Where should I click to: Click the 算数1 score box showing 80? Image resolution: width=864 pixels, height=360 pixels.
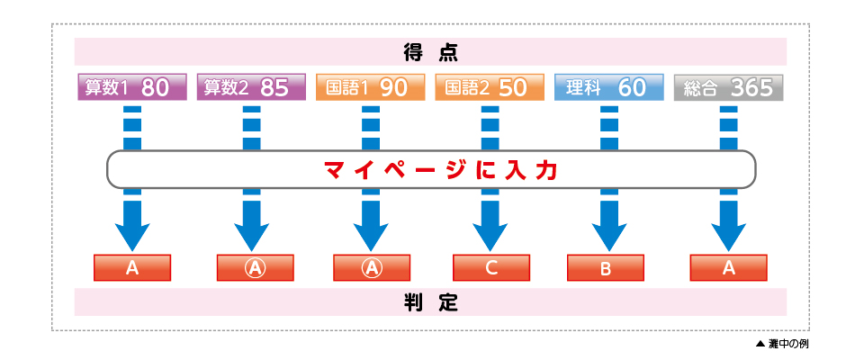pyautogui.click(x=132, y=88)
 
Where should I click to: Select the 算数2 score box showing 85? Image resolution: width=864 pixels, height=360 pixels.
pyautogui.click(x=251, y=88)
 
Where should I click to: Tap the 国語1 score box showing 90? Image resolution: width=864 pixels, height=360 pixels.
pyautogui.click(x=371, y=88)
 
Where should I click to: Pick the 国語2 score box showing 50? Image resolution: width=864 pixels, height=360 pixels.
pyautogui.click(x=490, y=88)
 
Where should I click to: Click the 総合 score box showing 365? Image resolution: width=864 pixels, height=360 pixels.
pyautogui.click(x=728, y=88)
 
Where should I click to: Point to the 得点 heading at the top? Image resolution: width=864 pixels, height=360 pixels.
pyautogui.click(x=431, y=52)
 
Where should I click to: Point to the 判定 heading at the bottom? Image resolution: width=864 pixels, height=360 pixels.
pyautogui.click(x=431, y=302)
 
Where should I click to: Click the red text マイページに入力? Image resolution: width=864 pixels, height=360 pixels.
pyautogui.click(x=431, y=170)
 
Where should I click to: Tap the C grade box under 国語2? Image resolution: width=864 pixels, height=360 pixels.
pyautogui.click(x=490, y=268)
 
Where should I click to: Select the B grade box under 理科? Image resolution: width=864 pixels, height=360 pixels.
pyautogui.click(x=606, y=268)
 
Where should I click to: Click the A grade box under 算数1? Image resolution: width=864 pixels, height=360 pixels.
pyautogui.click(x=132, y=268)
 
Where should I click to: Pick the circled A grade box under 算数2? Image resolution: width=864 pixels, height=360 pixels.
pyautogui.click(x=256, y=268)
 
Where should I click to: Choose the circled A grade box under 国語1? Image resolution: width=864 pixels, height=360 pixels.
pyautogui.click(x=372, y=268)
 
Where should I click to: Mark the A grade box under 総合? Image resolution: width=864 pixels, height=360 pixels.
pyautogui.click(x=728, y=268)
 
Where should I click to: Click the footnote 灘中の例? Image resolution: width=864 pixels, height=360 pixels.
pyautogui.click(x=787, y=345)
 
